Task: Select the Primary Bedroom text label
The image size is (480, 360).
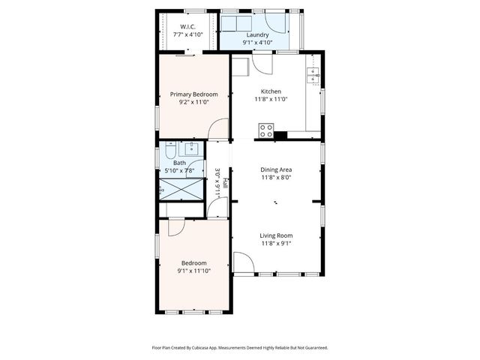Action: tap(193, 94)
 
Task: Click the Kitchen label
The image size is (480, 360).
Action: tap(271, 91)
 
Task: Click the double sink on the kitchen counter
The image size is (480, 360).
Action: tap(313, 74)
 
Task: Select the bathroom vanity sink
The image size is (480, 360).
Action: tap(192, 147)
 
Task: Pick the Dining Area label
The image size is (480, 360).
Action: tap(276, 169)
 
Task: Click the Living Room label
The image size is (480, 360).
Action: tap(276, 235)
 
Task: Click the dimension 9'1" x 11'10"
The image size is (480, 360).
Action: tap(195, 271)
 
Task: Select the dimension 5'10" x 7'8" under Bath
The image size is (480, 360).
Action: tap(180, 171)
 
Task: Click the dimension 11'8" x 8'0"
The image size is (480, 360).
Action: tap(276, 178)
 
